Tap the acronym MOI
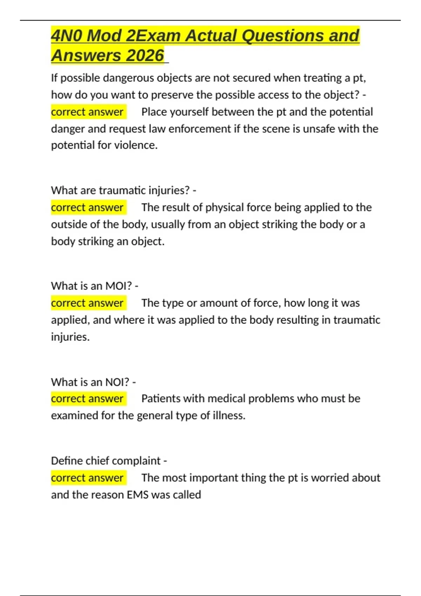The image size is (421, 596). [119, 286]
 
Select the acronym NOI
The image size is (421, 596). [117, 382]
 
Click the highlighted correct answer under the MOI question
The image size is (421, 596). [87, 303]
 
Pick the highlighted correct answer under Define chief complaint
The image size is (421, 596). [87, 478]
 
